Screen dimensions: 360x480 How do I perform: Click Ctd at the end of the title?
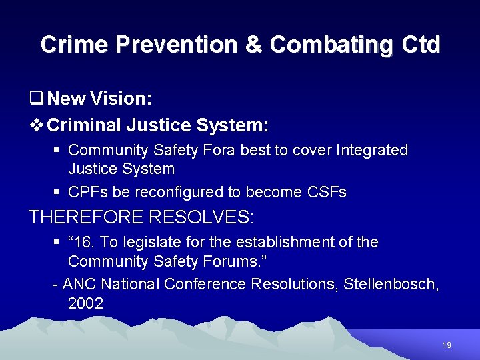pyautogui.click(x=419, y=45)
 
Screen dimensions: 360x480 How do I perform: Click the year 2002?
pyautogui.click(x=85, y=304)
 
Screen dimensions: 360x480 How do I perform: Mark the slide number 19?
pyautogui.click(x=447, y=345)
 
